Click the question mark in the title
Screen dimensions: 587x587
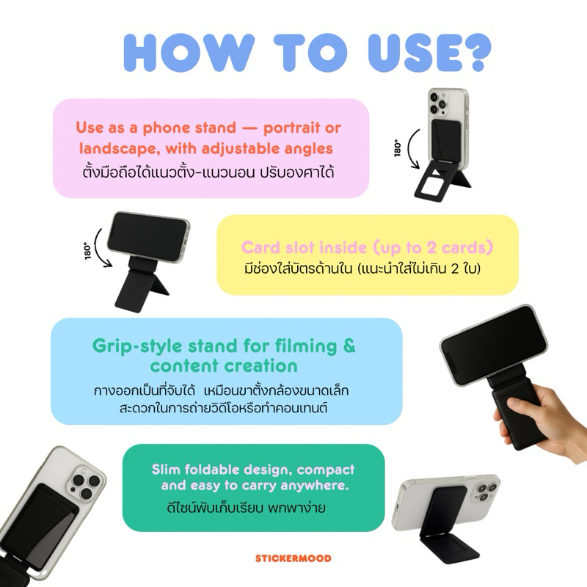click(474, 52)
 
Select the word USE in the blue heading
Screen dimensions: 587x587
click(411, 52)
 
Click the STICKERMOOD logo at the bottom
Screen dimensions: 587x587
click(293, 558)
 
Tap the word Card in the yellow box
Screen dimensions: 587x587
click(261, 247)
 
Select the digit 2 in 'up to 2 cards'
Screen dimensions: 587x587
click(432, 248)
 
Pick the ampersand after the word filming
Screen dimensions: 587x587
click(349, 346)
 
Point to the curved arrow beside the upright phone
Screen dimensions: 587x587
click(410, 149)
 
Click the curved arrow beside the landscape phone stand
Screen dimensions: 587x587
click(98, 249)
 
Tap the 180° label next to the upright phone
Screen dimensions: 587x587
click(398, 148)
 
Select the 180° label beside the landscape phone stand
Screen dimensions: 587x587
click(87, 251)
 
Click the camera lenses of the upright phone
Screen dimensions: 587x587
click(438, 103)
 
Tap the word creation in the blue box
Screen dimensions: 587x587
click(262, 366)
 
